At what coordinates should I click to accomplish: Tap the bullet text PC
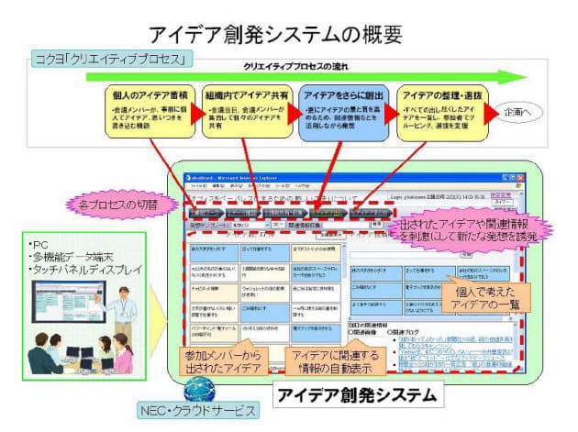[x=50, y=246]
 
